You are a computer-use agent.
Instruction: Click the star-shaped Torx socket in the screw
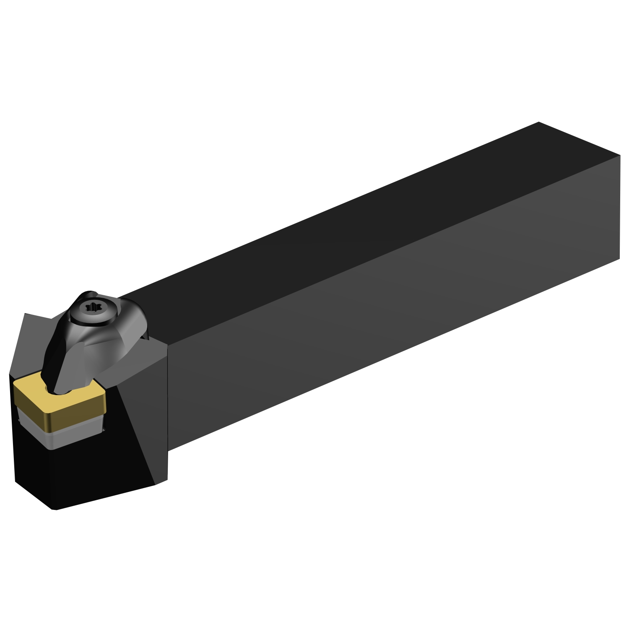click(94, 308)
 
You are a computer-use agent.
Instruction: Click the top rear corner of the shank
click(538, 122)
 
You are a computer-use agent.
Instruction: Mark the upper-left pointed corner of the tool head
click(25, 314)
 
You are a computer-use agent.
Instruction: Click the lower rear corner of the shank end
click(619, 258)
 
